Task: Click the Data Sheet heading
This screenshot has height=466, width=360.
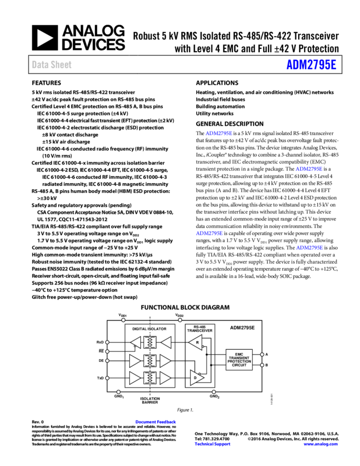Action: pos(52,65)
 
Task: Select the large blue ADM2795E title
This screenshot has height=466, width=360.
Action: pos(311,65)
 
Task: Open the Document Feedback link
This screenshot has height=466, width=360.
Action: pos(156,422)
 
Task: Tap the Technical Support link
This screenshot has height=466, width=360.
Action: pos(213,444)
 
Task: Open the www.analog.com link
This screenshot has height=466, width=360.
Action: pos(321,444)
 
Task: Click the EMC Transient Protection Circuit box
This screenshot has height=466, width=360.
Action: pos(239,360)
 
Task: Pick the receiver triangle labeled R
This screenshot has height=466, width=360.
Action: pos(196,342)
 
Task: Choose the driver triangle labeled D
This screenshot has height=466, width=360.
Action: pos(196,377)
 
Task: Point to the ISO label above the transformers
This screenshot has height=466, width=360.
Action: pos(150,329)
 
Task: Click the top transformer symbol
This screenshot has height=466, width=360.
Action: pos(150,343)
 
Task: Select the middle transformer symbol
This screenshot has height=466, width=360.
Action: pos(150,361)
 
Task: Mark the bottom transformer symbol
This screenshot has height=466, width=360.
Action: pos(150,378)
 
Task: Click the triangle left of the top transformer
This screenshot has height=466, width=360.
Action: pos(136,343)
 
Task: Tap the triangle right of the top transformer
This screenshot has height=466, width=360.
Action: pos(166,343)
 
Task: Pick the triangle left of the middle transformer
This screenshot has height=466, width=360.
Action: pos(134,361)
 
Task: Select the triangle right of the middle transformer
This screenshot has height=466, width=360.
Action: pos(165,361)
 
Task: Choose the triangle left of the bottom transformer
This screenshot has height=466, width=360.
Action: pos(134,378)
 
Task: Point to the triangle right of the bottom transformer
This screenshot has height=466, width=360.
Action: pos(165,378)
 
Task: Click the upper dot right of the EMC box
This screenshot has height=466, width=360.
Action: pos(262,354)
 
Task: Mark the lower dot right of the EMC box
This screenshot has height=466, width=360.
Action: pos(262,365)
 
